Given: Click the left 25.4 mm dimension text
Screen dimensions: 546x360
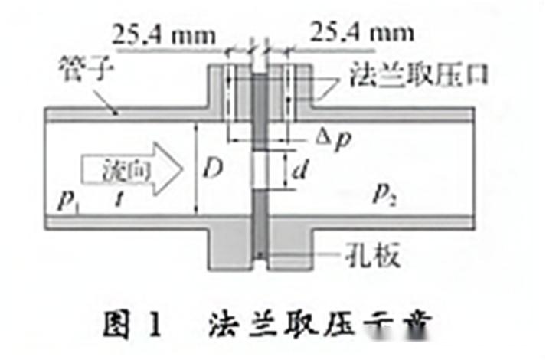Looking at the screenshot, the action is pyautogui.click(x=164, y=35).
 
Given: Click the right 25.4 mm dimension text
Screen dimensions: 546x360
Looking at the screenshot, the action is pyautogui.click(x=359, y=34).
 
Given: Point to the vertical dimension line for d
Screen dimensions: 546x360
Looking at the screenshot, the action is pyautogui.click(x=284, y=173).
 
